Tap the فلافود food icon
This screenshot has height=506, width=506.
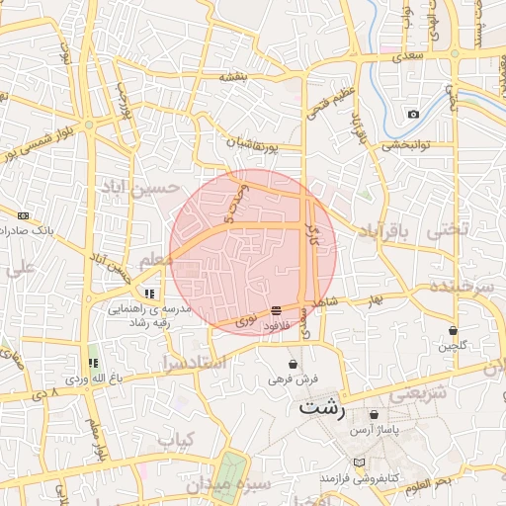click(275, 311)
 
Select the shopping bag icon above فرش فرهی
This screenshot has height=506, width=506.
click(294, 363)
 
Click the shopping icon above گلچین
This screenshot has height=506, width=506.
click(453, 330)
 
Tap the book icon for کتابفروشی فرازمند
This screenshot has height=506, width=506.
click(358, 462)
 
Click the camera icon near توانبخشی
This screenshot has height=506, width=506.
click(413, 114)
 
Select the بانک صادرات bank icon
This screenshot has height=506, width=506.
click(23, 214)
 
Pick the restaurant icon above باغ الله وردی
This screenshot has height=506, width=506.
click(94, 363)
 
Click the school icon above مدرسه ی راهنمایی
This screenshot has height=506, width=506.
click(148, 294)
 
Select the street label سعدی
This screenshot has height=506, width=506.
click(406, 56)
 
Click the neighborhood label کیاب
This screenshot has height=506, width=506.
click(177, 438)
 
